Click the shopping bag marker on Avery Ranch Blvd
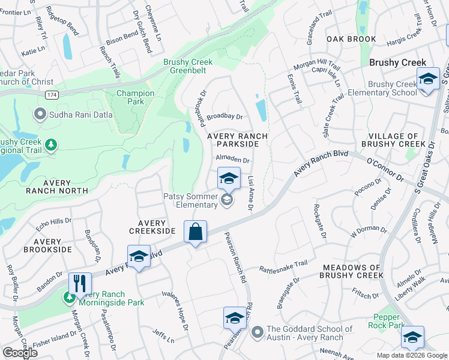click(196, 232)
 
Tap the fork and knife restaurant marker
click(80, 283)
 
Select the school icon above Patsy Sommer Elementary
click(228, 178)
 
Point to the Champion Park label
click(135, 97)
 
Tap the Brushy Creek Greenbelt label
click(188, 67)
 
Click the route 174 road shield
click(53, 95)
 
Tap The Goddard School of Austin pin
click(258, 331)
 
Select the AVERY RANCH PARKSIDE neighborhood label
click(237, 140)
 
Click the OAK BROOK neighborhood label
click(351, 39)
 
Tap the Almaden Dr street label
click(232, 160)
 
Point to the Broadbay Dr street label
click(224, 117)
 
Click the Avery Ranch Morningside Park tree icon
click(71, 297)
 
